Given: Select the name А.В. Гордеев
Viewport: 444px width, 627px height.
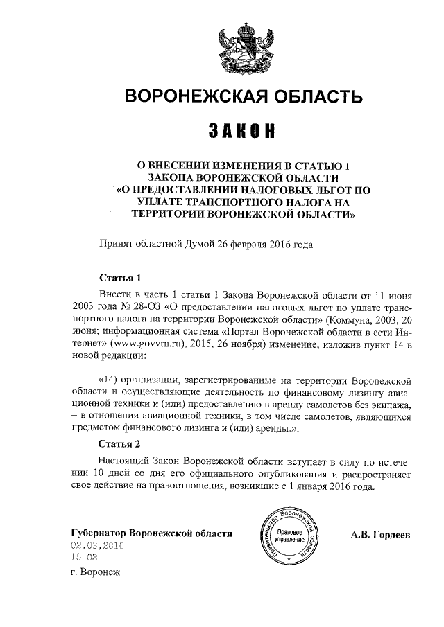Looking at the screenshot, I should point(381,534).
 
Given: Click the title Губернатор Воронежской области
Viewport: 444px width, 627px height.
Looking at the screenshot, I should point(151,533).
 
